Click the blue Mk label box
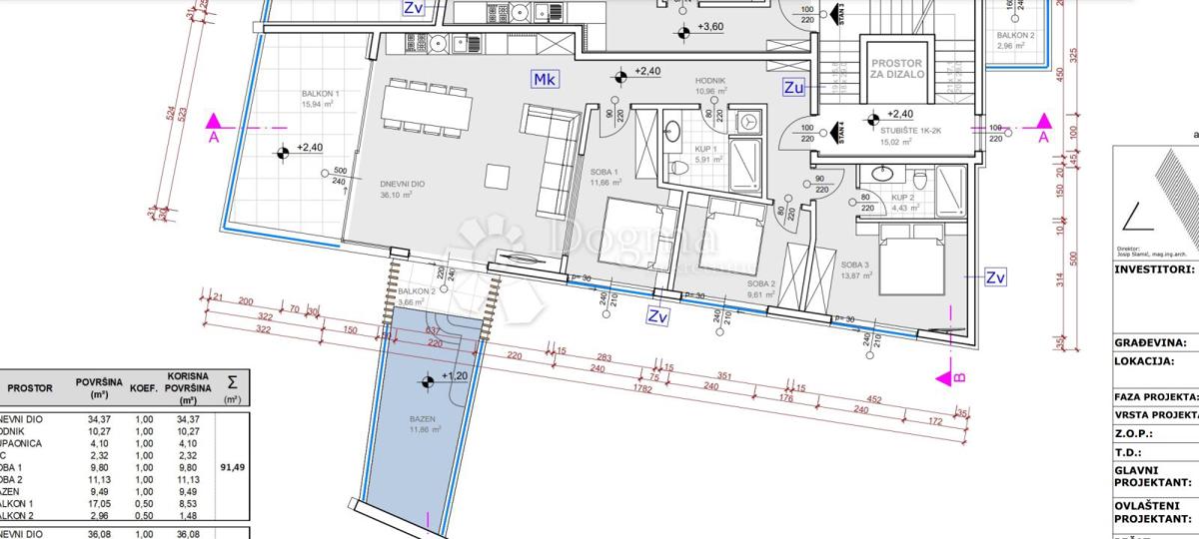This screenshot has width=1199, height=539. [x=545, y=80]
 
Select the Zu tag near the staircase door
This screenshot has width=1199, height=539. [x=794, y=88]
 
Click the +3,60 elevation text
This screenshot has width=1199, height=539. [x=710, y=27]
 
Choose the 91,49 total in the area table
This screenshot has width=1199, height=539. [x=232, y=463]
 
